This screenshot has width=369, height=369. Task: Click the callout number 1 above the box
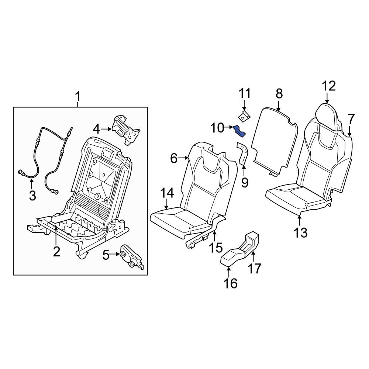pyautogui.click(x=77, y=97)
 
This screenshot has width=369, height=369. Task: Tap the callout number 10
pyautogui.click(x=218, y=128)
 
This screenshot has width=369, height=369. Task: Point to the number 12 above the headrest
pyautogui.click(x=328, y=86)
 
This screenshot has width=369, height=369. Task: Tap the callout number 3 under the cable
pyautogui.click(x=32, y=195)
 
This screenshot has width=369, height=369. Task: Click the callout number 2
pyautogui.click(x=56, y=252)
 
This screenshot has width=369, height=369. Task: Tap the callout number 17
pyautogui.click(x=255, y=268)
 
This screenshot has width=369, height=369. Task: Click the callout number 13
pyautogui.click(x=301, y=232)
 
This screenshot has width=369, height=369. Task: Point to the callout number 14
pyautogui.click(x=167, y=193)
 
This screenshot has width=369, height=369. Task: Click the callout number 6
pyautogui.click(x=174, y=159)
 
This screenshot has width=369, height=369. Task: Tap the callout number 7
pyautogui.click(x=351, y=119)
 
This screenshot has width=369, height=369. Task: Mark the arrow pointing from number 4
pyautogui.click(x=107, y=129)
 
